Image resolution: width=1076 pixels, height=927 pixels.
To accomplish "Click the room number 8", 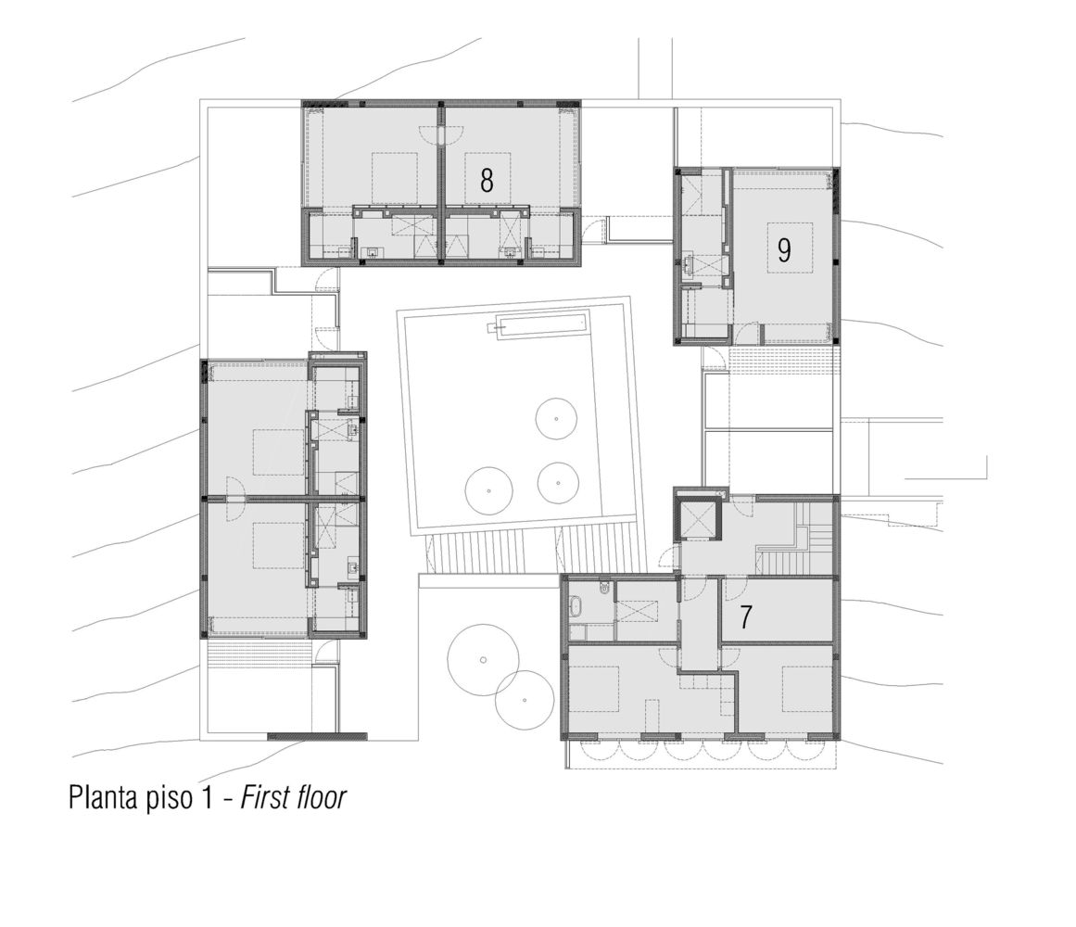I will pos(487,180).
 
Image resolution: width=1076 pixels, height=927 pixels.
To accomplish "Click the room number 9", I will pos(784,250).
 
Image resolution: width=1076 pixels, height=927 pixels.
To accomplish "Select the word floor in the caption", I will pos(319,797).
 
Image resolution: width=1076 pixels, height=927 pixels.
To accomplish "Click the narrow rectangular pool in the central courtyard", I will pos(541,326).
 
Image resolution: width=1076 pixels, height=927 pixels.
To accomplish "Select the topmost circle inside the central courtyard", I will pos(557,419).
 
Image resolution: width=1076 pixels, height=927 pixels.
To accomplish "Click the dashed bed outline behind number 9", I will pos(790,247).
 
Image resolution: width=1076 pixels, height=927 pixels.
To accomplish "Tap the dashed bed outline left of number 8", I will pos(395,178).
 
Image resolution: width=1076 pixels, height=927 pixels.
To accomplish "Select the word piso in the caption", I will pos(188,797).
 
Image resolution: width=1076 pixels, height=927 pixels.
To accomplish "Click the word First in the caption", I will pos(265,797).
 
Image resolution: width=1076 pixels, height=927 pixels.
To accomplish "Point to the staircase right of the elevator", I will pos(799,540).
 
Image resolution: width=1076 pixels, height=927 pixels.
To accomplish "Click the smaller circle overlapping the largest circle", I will pos(525,699).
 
